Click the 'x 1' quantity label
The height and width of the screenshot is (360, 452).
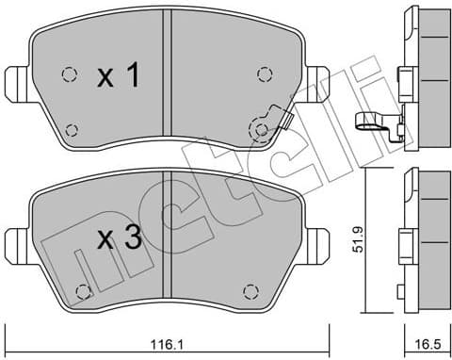pos(119,77)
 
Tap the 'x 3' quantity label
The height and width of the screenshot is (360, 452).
pos(119,239)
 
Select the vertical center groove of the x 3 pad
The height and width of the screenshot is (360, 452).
pos(166,240)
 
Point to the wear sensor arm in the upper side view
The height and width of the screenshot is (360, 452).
pos(371,120)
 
